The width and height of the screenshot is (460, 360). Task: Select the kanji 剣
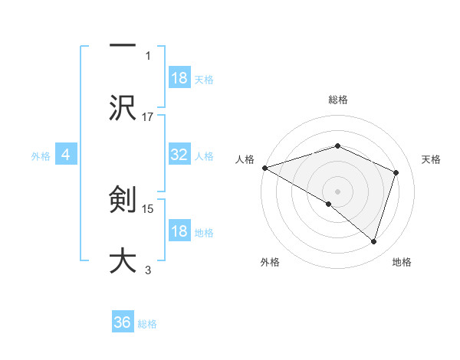(123, 201)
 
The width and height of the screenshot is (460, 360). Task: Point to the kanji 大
(123, 259)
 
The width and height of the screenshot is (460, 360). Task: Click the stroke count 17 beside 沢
(148, 116)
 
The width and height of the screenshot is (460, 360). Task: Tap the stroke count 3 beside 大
(148, 270)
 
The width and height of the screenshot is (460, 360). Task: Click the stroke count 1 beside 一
(148, 55)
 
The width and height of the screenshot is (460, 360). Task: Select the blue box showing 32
(179, 155)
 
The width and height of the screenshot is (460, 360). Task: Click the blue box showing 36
(123, 322)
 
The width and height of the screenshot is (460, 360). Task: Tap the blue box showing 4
(66, 155)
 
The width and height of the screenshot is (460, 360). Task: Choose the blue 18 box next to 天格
(179, 78)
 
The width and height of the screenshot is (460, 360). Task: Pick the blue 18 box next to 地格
(179, 231)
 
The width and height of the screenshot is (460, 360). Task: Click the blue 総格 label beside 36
(147, 324)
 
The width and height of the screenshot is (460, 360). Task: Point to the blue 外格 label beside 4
(41, 155)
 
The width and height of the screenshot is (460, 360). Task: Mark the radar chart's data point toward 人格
(264, 167)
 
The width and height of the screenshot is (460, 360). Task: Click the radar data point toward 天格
(396, 172)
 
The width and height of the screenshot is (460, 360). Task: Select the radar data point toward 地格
(373, 241)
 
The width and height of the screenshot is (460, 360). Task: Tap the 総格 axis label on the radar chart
(337, 100)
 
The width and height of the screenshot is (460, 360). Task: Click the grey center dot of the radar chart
(337, 190)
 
